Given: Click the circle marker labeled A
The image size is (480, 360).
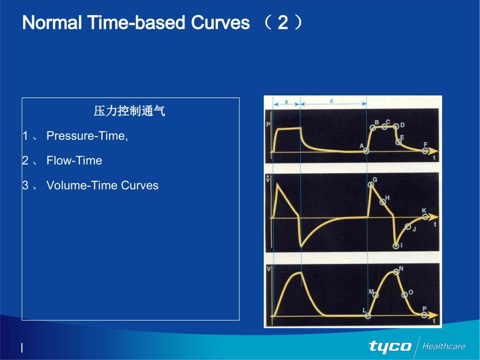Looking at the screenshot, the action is tap(366, 150).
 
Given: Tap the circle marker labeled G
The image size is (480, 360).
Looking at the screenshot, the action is tap(371, 185).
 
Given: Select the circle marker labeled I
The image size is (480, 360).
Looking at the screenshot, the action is tap(396, 245).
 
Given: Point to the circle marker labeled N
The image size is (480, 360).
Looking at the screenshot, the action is tap(396, 272).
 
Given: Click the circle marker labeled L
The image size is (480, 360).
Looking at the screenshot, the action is tap(368, 316).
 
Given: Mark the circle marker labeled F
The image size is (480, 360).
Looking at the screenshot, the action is tap(425, 150).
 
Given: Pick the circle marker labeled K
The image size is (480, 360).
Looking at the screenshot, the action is tap(425, 217).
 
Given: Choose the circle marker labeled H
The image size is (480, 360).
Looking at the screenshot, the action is tap(382, 202).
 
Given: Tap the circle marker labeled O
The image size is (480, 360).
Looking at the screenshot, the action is tap(404, 295).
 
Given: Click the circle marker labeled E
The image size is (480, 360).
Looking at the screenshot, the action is tap(398, 142).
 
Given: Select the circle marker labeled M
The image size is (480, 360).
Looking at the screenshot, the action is tap(375, 295).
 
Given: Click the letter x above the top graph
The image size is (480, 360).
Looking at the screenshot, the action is tap(286, 101).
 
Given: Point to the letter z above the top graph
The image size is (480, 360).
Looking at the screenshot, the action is tap(331, 100).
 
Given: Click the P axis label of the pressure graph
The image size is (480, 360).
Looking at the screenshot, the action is tap(268, 125).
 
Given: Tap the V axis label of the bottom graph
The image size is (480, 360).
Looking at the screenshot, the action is tap(269, 269).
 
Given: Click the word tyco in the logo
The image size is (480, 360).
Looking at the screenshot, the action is tap(390, 346).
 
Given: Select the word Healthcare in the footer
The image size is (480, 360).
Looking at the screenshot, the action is tap(444, 346).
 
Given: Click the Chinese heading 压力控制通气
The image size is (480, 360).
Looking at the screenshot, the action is tap(129, 111).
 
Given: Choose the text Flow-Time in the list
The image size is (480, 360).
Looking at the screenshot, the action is tap(74, 161).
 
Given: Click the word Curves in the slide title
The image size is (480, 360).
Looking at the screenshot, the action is tap(220, 23).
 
